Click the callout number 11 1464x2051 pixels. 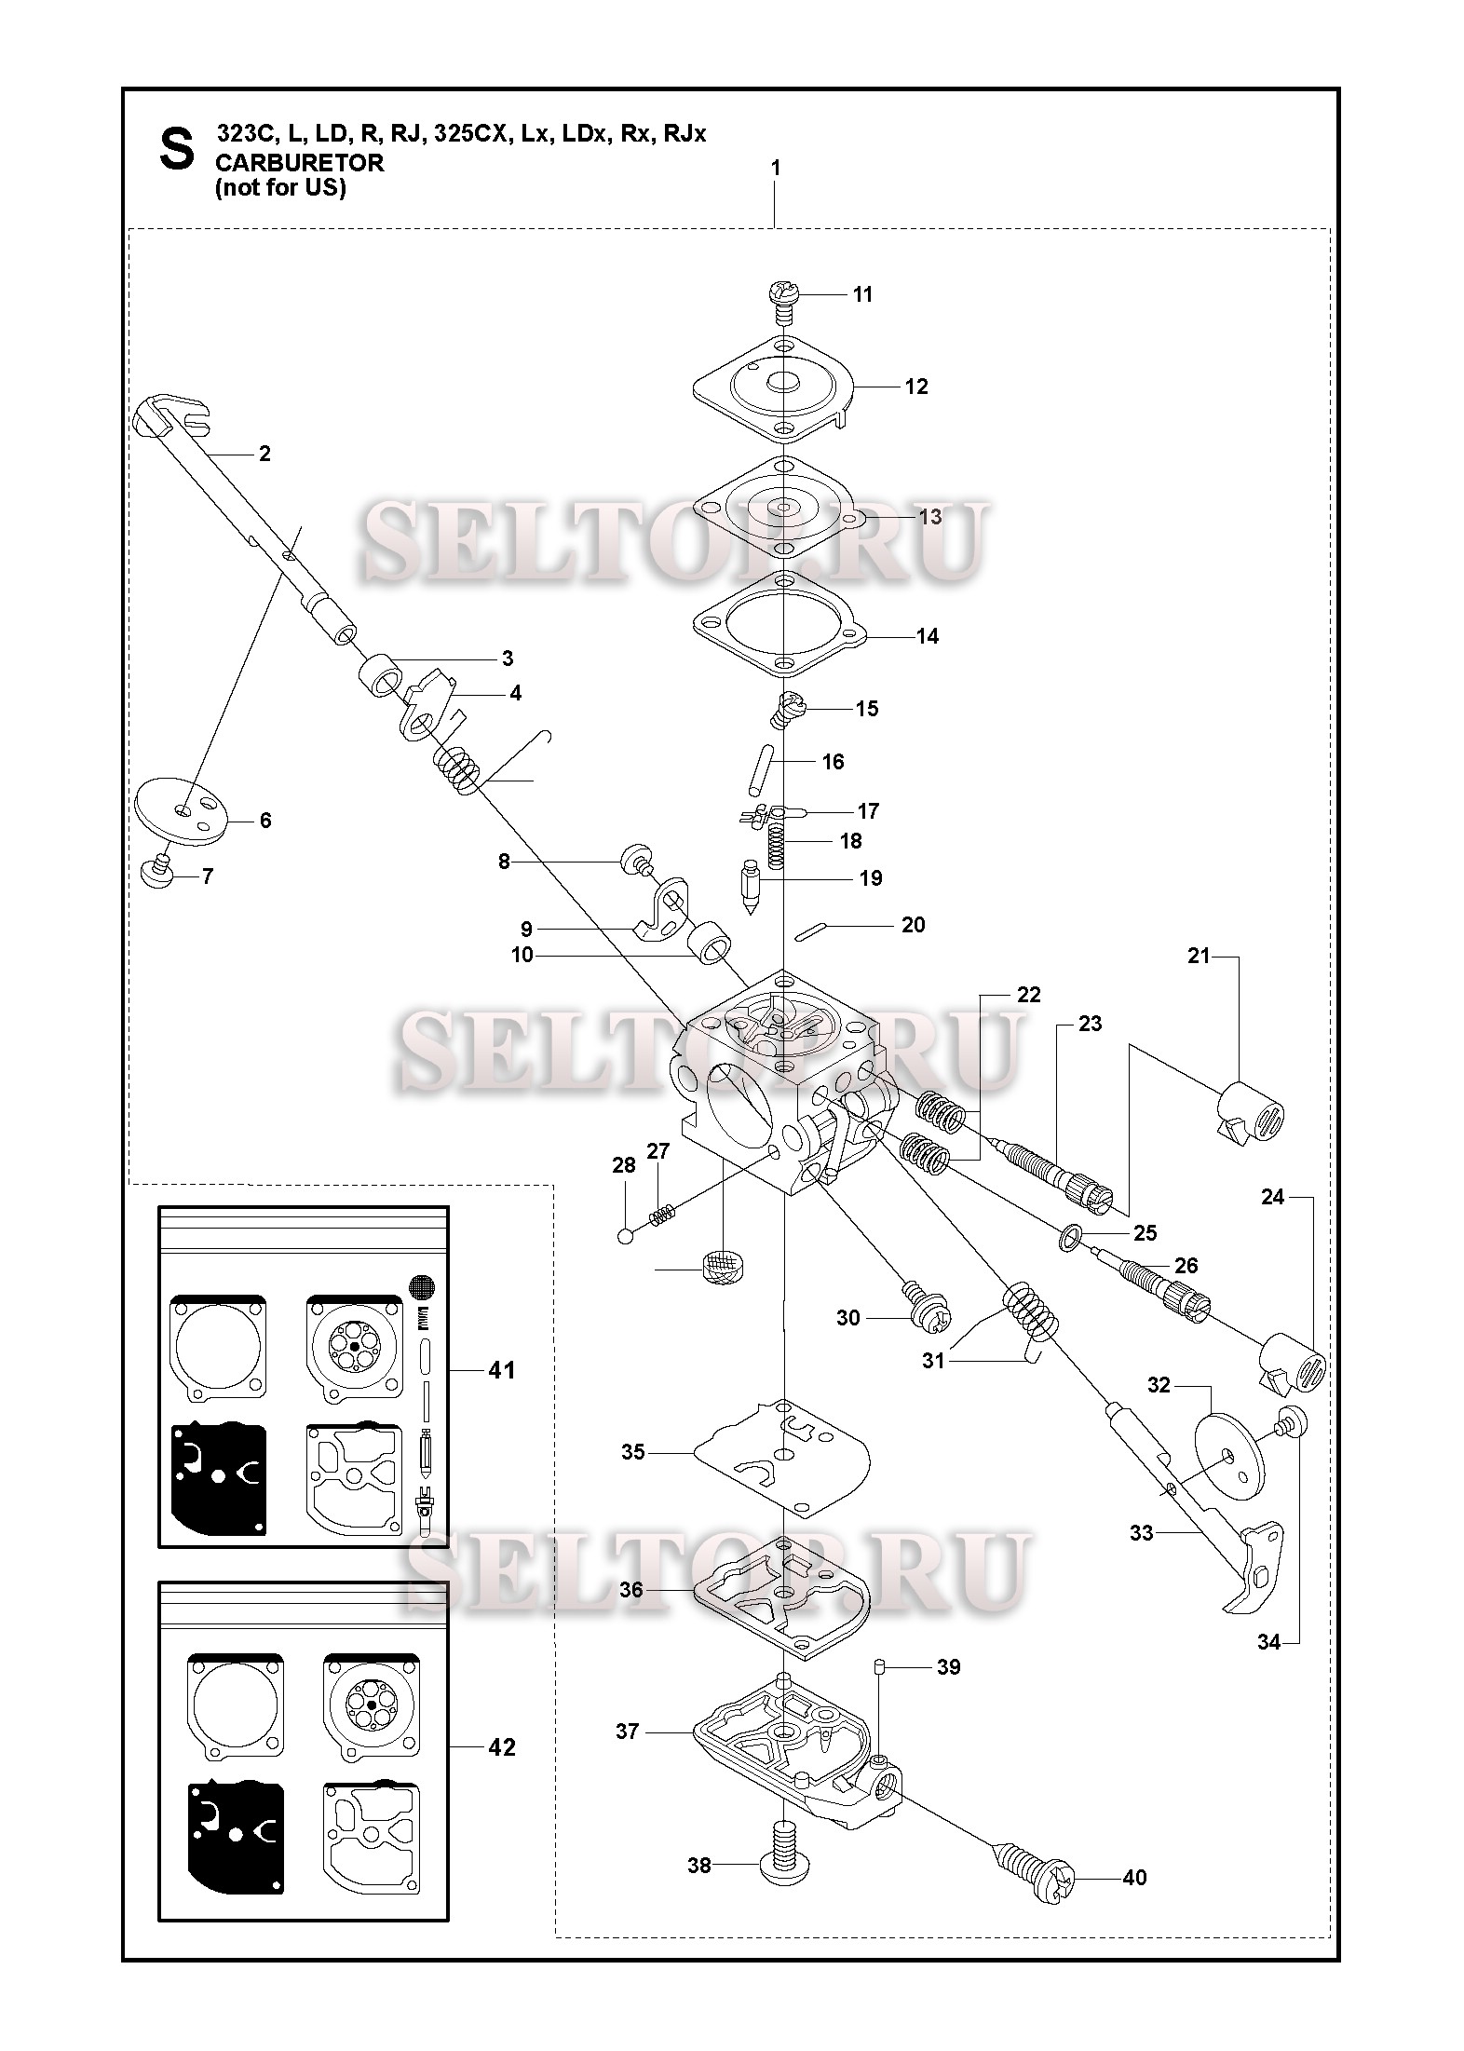click(862, 294)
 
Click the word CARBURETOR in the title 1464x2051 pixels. click(299, 162)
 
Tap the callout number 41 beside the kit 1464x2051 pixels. click(501, 1370)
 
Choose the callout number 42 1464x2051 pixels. click(501, 1747)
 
